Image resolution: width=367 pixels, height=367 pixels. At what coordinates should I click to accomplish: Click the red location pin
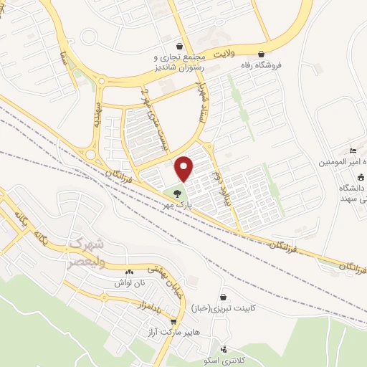(x=184, y=168)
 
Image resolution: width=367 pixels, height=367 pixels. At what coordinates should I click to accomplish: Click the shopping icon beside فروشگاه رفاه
(x=261, y=53)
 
